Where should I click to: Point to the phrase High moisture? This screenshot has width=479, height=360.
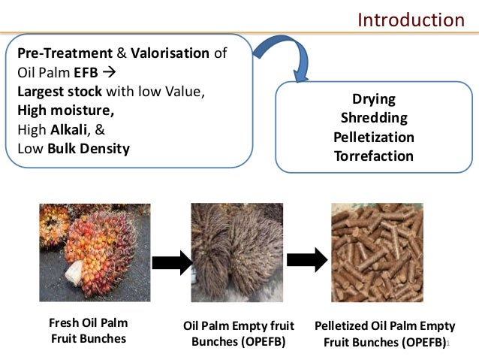(66, 110)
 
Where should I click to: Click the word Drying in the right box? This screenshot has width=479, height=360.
(373, 99)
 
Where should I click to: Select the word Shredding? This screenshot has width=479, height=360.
(373, 118)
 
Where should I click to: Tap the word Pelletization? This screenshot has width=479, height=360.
(373, 138)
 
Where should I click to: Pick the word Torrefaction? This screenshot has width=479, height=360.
(373, 156)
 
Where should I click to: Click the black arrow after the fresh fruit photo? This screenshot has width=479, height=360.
(171, 261)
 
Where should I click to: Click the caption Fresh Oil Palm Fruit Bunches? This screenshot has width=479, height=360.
(89, 331)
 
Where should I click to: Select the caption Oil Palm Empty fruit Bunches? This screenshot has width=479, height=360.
(239, 334)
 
